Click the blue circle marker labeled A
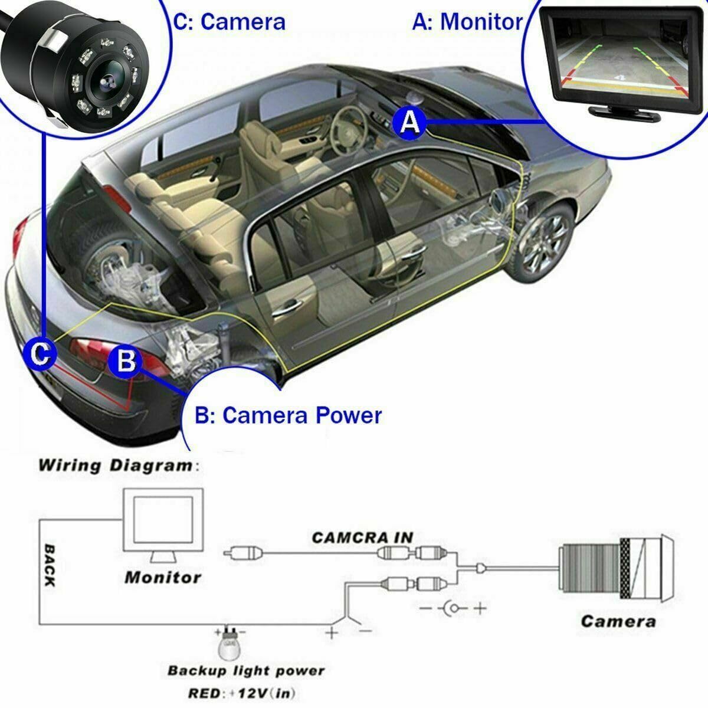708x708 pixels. pos(409,122)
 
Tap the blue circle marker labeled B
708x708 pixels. pos(126,360)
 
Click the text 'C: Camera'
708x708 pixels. pos(229,21)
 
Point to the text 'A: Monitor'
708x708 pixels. pos(467,21)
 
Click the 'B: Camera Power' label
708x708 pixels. pos(289,415)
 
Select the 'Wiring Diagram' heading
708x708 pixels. pos(115,465)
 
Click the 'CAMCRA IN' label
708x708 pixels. pos(362,537)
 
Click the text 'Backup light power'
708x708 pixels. pos(246,671)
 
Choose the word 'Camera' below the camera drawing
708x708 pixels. pos(618,621)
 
